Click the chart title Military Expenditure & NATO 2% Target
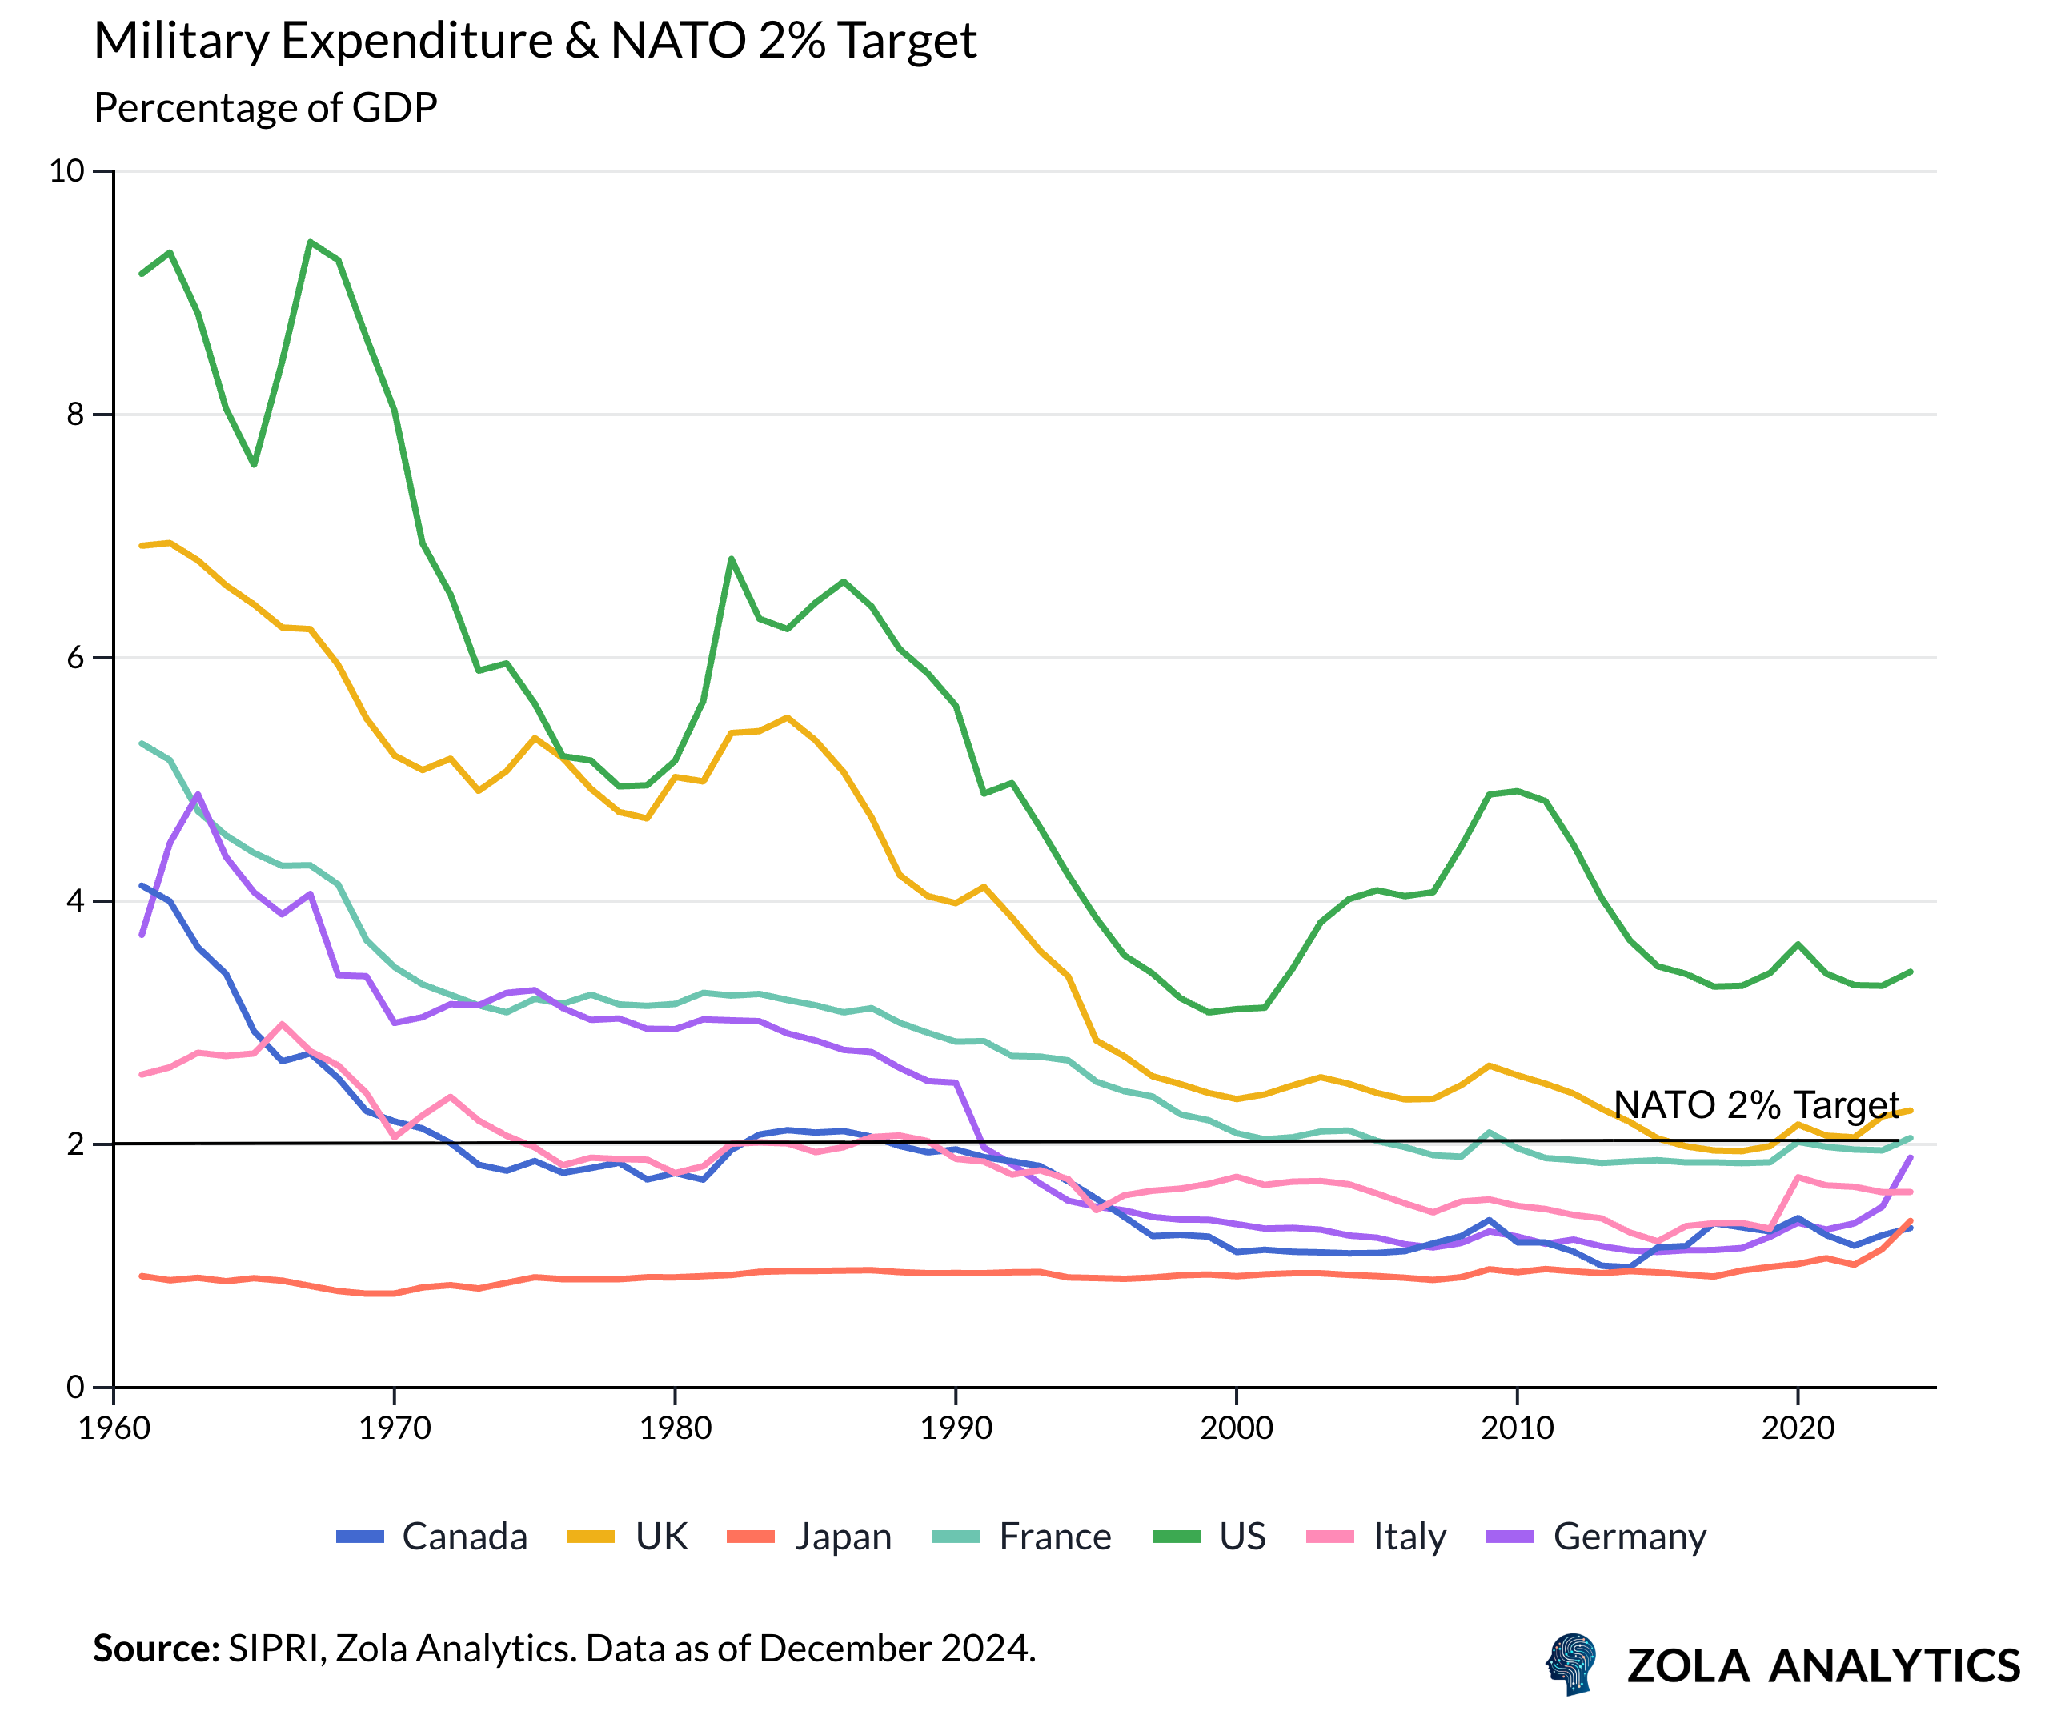pyautogui.click(x=535, y=41)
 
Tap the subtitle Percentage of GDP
pyautogui.click(x=266, y=107)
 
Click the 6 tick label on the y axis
pyautogui.click(x=75, y=658)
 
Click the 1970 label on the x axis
pyautogui.click(x=394, y=1428)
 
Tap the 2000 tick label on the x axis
pyautogui.click(x=1237, y=1428)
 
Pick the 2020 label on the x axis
pyautogui.click(x=1797, y=1428)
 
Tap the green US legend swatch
pyautogui.click(x=1176, y=1537)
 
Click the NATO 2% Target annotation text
pyautogui.click(x=1755, y=1104)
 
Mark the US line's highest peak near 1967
pyautogui.click(x=311, y=242)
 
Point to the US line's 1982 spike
pyautogui.click(x=731, y=559)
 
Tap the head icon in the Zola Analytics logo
pyautogui.click(x=1572, y=1664)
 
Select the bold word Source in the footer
pyautogui.click(x=155, y=1648)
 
